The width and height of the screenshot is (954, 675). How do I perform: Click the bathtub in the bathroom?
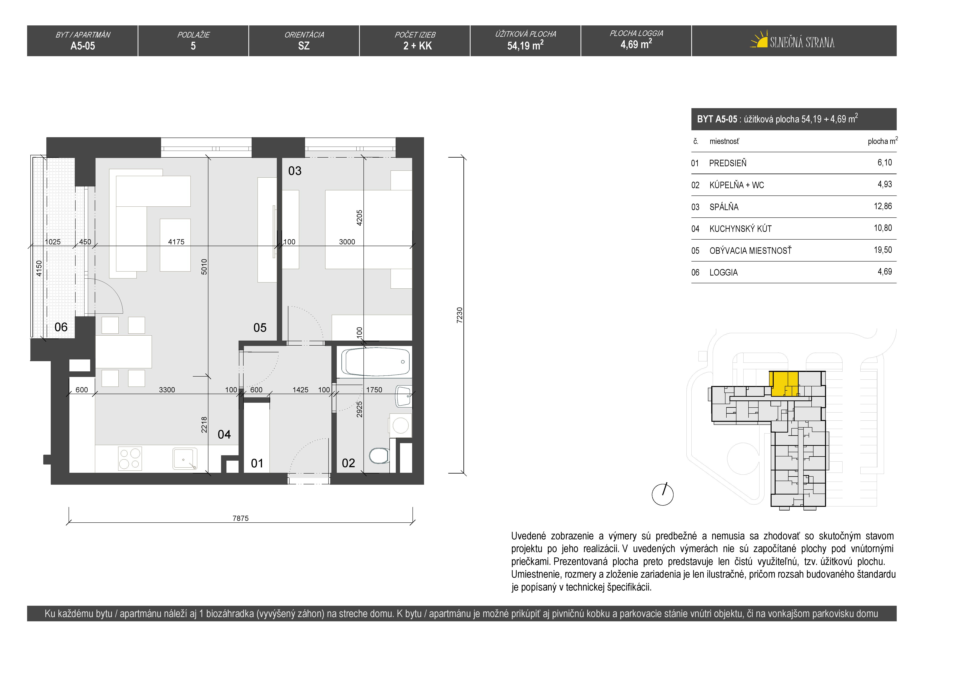376,362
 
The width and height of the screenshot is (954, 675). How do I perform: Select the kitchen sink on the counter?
185,458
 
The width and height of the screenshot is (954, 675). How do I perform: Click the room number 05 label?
260,328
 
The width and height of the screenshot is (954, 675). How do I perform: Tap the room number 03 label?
295,171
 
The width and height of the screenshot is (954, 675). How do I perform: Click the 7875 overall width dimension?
241,518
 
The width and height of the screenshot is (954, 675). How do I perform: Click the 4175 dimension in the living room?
176,242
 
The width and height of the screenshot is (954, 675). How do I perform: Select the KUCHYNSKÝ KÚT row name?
740,229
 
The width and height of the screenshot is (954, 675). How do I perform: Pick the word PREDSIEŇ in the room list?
728,163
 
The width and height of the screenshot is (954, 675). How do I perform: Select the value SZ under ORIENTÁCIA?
304,46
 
